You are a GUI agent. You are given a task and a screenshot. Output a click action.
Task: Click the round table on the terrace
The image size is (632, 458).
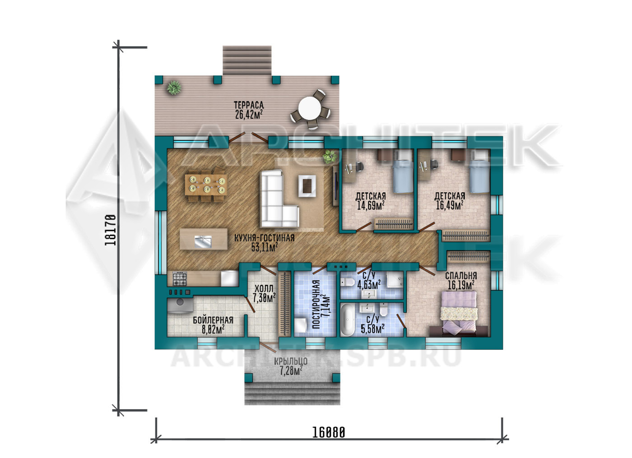pos(310,108)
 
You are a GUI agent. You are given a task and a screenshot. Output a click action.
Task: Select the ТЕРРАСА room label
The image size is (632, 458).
pos(249,105)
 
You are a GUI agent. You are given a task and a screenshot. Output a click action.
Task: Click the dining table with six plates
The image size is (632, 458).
pos(206,185)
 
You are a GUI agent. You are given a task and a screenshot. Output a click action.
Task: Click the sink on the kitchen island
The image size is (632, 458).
pos(203,242)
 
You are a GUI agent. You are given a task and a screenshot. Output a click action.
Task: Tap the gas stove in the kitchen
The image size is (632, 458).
pos(180,279)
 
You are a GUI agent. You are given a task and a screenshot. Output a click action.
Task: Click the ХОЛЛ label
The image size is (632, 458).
pos(264,288)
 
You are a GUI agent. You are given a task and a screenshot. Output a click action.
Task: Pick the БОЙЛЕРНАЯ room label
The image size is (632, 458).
pos(213,320)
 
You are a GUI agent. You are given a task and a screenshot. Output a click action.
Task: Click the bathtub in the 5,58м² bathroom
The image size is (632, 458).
pos(348,320)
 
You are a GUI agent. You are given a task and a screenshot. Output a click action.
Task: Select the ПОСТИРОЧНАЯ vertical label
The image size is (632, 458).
pos(316,304)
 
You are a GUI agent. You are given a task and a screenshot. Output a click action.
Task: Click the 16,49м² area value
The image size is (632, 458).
pos(450,205)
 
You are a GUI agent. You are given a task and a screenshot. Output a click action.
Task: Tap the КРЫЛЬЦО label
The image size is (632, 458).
pos(291,361)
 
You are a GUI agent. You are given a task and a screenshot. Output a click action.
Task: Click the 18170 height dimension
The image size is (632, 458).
pos(110,230)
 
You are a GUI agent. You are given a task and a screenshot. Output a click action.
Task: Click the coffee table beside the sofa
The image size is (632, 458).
pos(307,186)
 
